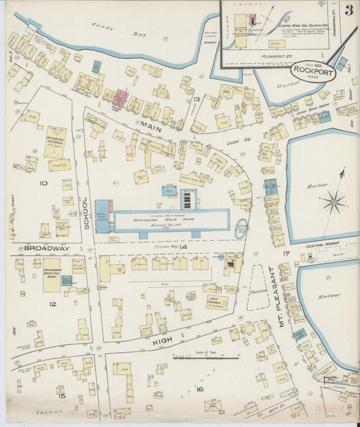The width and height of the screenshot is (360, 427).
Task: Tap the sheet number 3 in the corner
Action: point(349,10)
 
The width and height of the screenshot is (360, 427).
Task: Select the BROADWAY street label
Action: point(47,248)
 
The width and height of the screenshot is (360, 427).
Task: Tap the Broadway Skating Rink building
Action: point(51,274)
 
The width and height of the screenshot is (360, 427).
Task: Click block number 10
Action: point(43,182)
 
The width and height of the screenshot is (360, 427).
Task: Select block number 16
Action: point(199,389)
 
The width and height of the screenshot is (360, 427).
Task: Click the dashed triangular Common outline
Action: point(258,287)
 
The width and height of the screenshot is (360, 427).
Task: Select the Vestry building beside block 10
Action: point(59,164)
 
